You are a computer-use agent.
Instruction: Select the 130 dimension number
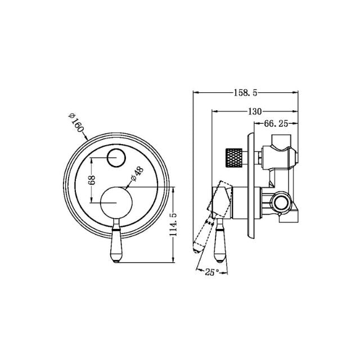(254, 111)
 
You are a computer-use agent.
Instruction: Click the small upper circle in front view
(117, 158)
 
